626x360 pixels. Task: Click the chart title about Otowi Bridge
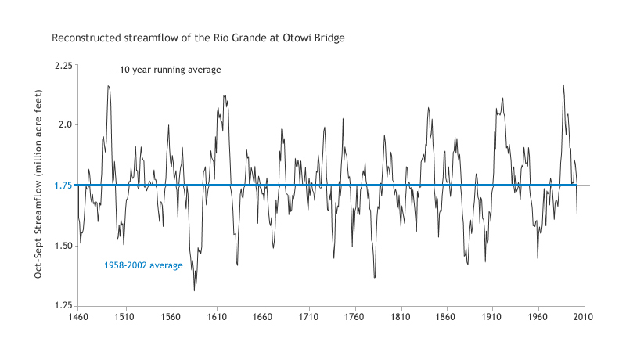198,37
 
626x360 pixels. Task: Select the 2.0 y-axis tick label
65,125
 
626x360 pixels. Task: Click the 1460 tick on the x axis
77,319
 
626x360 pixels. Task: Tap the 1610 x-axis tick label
216,319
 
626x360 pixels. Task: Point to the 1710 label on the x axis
308,319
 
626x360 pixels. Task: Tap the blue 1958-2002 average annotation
143,265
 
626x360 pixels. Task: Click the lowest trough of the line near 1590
194,291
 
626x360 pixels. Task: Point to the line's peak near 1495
109,85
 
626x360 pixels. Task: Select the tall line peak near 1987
563,85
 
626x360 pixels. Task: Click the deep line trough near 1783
375,278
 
